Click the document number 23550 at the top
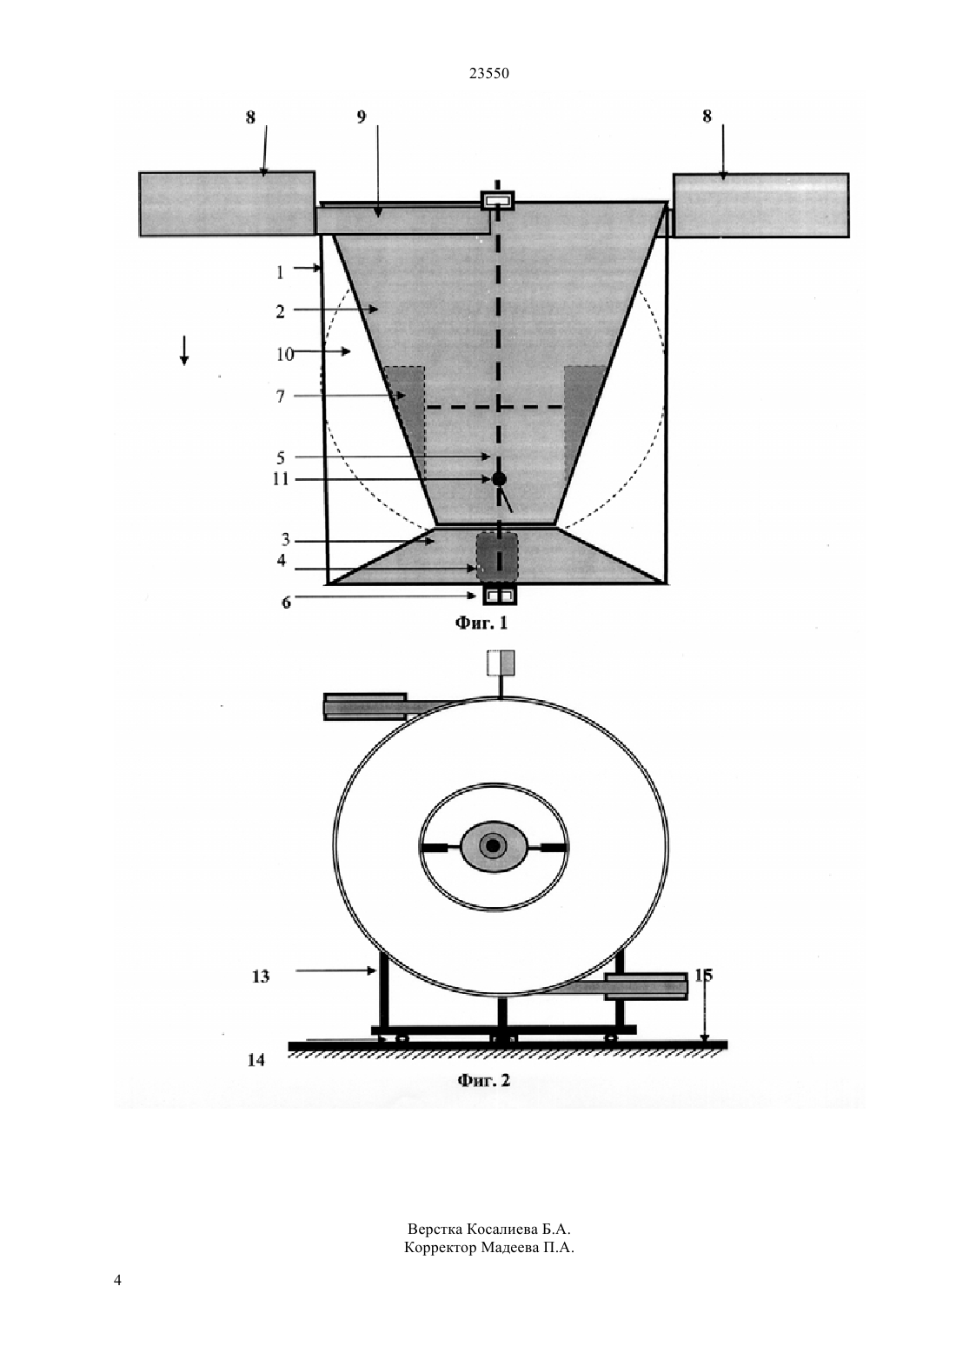pos(488,74)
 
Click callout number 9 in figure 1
pos(361,117)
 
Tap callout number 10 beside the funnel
pos(285,354)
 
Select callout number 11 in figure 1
pos(281,479)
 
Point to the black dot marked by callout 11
pos(499,479)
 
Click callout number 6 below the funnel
pos(286,603)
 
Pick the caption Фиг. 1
pos(481,623)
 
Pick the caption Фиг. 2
pos(484,1080)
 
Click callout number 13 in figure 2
pos(261,976)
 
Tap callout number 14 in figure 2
pos(256,1059)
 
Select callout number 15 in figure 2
pos(703,975)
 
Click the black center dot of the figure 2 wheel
pos(493,846)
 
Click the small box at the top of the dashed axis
pos(497,200)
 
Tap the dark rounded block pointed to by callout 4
pos(497,555)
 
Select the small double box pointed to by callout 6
pos(499,597)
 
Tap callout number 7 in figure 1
pos(281,397)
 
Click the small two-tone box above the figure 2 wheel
pos(501,663)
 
